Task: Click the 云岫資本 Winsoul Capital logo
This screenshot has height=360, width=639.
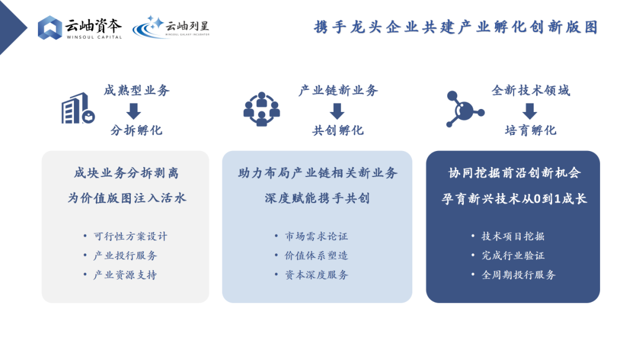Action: coord(80,27)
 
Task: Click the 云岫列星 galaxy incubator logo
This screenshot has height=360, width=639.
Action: coord(171,27)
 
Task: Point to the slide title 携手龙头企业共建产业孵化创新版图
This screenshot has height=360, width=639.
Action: coord(456,27)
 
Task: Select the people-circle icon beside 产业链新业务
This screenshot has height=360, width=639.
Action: coord(262,109)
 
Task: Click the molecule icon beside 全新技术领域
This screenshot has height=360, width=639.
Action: coord(464,109)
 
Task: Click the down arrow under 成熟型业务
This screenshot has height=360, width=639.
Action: coord(134,111)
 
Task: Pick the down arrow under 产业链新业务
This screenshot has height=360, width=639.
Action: coord(337,111)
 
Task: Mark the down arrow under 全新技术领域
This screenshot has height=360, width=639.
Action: coord(530,111)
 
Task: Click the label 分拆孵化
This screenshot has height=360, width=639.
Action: coord(137,130)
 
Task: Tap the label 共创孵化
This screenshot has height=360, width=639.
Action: coord(338,130)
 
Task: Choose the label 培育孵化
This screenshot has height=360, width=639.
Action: coord(531,130)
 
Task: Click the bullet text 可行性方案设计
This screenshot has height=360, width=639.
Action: coord(130,236)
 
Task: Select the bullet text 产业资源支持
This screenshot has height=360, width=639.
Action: coord(125,275)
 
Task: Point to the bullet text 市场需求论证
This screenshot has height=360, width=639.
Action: coord(317,236)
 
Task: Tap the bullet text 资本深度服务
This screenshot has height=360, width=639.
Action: coord(317,275)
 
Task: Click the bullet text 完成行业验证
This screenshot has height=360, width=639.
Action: coord(513,256)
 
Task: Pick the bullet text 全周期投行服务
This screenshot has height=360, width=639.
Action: coord(518,275)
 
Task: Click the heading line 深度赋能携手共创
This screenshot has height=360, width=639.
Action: coord(317,198)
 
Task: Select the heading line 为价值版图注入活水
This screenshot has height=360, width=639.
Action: coord(127,198)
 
